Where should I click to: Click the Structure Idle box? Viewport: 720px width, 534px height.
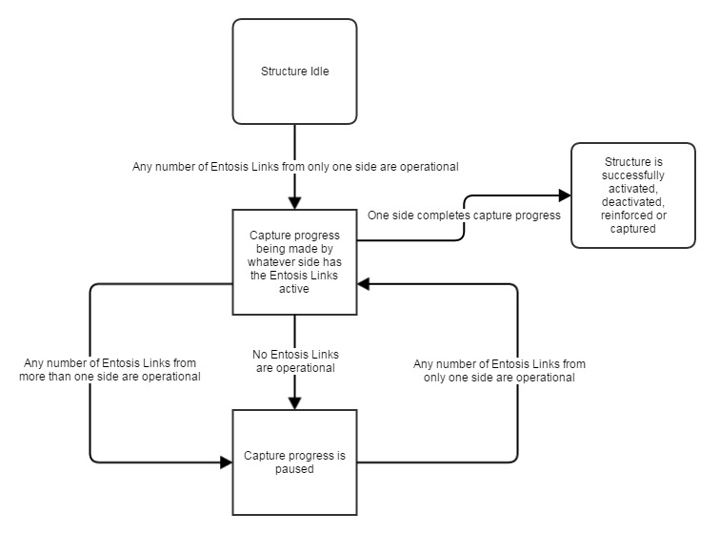pyautogui.click(x=294, y=72)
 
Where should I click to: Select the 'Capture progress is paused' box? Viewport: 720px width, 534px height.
pyautogui.click(x=294, y=462)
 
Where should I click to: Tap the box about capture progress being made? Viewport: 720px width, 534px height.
pyautogui.click(x=294, y=262)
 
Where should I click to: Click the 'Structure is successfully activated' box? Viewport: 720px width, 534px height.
pyautogui.click(x=633, y=195)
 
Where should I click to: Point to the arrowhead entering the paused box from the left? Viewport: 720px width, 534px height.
pyautogui.click(x=226, y=462)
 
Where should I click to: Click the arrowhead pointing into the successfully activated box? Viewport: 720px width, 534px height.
pyautogui.click(x=565, y=195)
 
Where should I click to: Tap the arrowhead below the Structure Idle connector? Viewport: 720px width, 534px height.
pyautogui.click(x=294, y=203)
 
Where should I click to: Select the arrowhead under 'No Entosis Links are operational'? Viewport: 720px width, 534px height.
pyautogui.click(x=294, y=403)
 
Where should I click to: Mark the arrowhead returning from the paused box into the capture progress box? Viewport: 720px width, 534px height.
pyautogui.click(x=363, y=284)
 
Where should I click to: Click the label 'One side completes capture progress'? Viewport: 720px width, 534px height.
pyautogui.click(x=464, y=216)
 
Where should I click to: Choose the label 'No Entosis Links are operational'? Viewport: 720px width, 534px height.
pyautogui.click(x=295, y=361)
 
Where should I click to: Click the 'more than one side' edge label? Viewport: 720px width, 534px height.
pyautogui.click(x=110, y=370)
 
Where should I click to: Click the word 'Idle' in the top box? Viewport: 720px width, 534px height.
pyautogui.click(x=320, y=72)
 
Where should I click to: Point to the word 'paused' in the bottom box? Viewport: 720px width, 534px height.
pyautogui.click(x=294, y=469)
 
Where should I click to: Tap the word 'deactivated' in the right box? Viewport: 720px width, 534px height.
pyautogui.click(x=632, y=202)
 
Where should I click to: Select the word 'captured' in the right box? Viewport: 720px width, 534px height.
pyautogui.click(x=632, y=229)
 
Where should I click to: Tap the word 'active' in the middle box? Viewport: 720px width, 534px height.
pyautogui.click(x=294, y=289)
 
